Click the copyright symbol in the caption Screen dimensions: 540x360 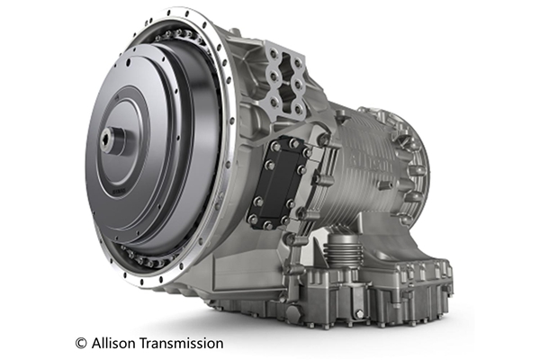coord(81,344)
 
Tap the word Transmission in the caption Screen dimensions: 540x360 coord(182,343)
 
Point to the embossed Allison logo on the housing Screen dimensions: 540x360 coord(371,163)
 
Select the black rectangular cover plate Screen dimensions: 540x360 coord(281,182)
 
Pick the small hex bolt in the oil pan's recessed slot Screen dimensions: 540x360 coord(359,313)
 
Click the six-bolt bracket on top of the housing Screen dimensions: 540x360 coord(285,80)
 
